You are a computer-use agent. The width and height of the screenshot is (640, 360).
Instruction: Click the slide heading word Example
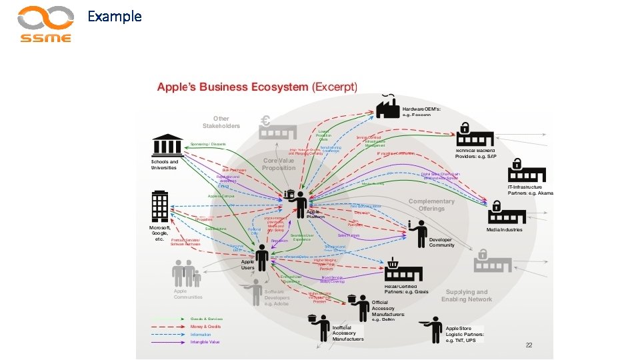pos(115,16)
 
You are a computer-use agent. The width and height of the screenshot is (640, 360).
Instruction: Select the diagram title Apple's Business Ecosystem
pos(233,87)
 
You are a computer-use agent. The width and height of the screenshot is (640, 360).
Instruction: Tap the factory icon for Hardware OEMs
pos(387,107)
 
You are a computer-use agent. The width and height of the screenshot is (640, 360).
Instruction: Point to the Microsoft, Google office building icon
pos(160,207)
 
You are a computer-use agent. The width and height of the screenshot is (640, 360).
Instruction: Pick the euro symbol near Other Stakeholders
pos(265,121)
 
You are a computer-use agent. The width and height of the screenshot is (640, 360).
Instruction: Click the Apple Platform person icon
pos(298,201)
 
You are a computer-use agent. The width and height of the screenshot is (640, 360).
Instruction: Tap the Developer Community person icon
pos(419,233)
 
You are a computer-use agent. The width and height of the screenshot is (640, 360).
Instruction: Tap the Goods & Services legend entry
pos(207,319)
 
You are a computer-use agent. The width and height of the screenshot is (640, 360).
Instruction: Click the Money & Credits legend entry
pos(206,327)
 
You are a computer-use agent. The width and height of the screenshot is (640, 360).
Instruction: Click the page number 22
pos(529,345)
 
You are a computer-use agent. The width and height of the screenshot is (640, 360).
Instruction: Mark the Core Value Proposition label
pos(279,164)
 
